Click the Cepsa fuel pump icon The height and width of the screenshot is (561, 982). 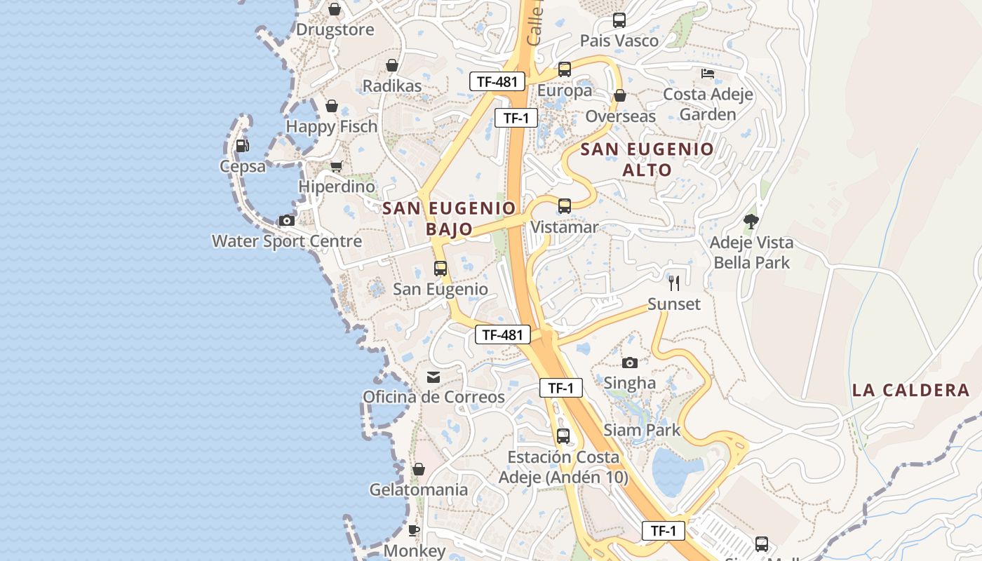pyautogui.click(x=242, y=146)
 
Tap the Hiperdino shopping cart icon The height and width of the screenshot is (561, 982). pyautogui.click(x=337, y=167)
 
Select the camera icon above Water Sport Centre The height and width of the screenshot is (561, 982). pyautogui.click(x=286, y=221)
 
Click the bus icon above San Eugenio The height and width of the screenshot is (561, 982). pyautogui.click(x=440, y=268)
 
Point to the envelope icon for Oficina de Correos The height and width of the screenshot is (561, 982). pyautogui.click(x=433, y=377)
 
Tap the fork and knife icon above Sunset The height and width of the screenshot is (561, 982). pyautogui.click(x=674, y=283)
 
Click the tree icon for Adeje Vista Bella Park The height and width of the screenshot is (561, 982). pyautogui.click(x=751, y=222)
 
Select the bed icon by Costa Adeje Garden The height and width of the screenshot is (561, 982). pyautogui.click(x=708, y=74)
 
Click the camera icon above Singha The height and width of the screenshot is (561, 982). pyautogui.click(x=630, y=363)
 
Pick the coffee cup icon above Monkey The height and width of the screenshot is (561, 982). pyautogui.click(x=414, y=530)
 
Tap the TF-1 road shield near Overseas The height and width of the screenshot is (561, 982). pyautogui.click(x=516, y=118)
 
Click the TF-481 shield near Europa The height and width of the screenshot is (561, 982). pyautogui.click(x=497, y=81)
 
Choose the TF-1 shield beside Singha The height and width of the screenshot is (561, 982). pyautogui.click(x=561, y=388)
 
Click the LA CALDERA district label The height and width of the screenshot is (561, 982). pyautogui.click(x=910, y=391)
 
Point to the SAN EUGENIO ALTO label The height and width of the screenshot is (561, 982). pyautogui.click(x=647, y=159)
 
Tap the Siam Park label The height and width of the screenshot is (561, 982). pyautogui.click(x=642, y=430)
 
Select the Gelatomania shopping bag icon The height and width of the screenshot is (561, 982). pyautogui.click(x=419, y=469)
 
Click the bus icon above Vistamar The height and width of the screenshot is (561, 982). pyautogui.click(x=565, y=206)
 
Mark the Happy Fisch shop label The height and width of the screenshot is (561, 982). pyautogui.click(x=332, y=127)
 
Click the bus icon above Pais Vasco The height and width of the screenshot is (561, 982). pyautogui.click(x=619, y=20)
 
